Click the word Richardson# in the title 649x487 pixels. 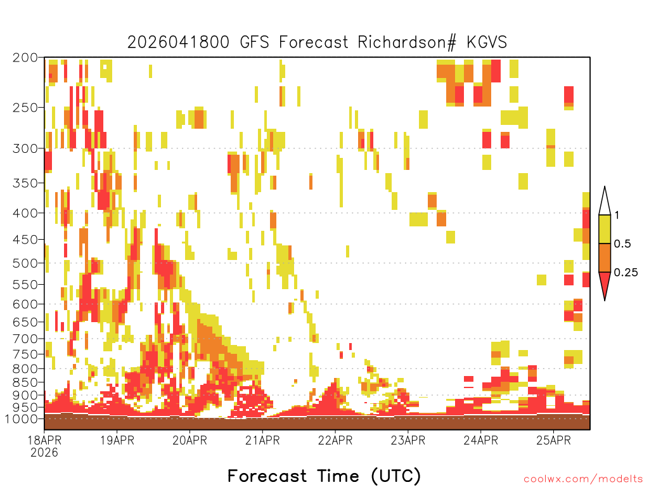click(407, 42)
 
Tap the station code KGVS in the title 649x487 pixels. click(487, 42)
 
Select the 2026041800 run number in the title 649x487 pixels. click(178, 42)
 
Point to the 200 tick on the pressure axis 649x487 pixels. click(25, 58)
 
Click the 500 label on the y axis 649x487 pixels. click(25, 263)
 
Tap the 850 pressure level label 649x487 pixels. click(25, 382)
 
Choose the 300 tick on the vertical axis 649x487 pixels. click(25, 148)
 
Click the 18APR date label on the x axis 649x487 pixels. click(44, 440)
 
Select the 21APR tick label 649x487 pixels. click(262, 440)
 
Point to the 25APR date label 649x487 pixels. click(553, 440)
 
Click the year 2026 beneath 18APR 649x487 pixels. click(44, 453)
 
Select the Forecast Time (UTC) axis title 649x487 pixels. click(324, 476)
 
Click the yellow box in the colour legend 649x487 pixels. click(605, 229)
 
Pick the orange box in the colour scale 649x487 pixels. click(605, 257)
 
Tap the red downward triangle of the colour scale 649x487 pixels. click(605, 283)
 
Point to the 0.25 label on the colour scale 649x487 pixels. click(626, 273)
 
